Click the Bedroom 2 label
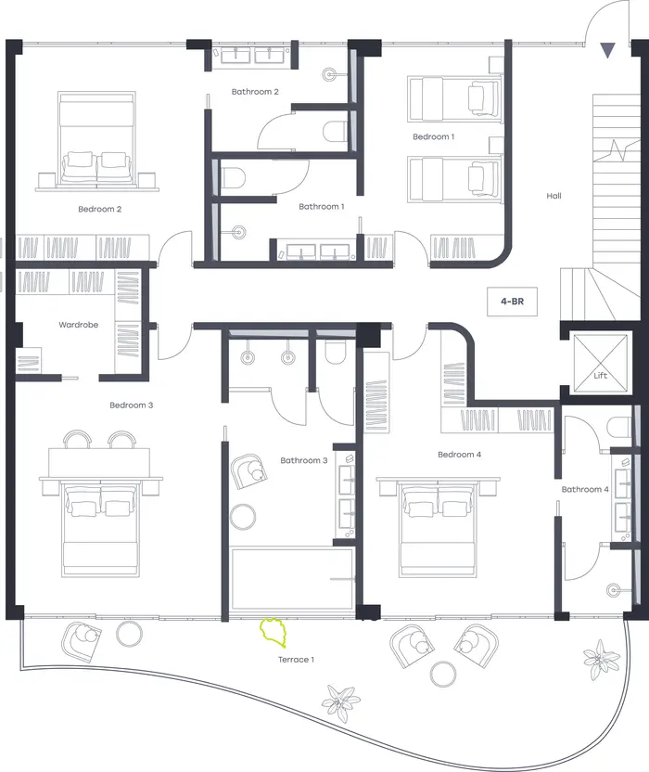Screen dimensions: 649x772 point(100,210)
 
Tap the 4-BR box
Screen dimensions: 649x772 point(512,302)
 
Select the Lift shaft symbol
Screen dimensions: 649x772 point(601,364)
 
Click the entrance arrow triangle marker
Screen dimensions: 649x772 point(607,50)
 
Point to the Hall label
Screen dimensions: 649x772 point(554,196)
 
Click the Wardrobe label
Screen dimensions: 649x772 point(78,325)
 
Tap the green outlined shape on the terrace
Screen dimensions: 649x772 point(273,632)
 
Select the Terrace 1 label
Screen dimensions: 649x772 point(296,660)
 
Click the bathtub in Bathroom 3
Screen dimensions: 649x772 point(292,579)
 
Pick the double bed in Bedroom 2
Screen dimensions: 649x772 point(97,139)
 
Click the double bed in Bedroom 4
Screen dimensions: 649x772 point(439,528)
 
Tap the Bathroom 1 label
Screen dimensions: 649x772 point(322,207)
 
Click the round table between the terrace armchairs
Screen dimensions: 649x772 point(443,674)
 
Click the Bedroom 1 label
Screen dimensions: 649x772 point(434,137)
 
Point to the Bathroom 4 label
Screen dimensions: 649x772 point(585,489)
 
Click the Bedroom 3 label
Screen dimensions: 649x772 point(132,405)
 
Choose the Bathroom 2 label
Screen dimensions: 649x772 point(255,92)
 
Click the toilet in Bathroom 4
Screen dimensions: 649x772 point(618,427)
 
